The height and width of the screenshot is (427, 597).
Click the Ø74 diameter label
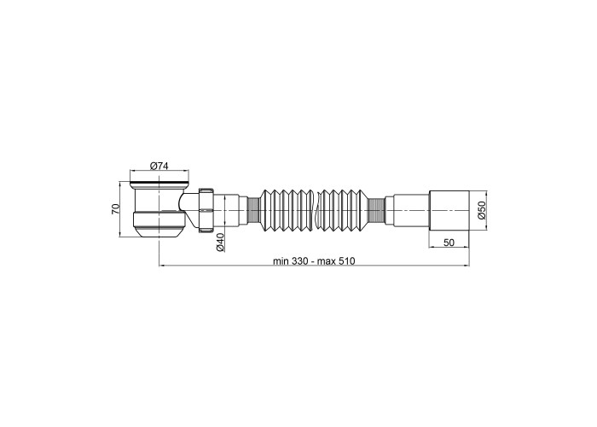coord(159,166)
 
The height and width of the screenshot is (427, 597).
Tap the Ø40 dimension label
coord(220,242)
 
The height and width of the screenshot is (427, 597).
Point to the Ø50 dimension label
coord(482,210)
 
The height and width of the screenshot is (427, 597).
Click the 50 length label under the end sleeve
coord(449,243)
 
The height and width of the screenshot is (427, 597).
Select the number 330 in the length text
coord(299,261)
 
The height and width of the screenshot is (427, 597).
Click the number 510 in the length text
coord(346,261)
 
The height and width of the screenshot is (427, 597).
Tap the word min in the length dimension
coord(281,261)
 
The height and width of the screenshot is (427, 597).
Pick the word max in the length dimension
coord(327,261)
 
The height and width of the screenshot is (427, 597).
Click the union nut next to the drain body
coord(206,210)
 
